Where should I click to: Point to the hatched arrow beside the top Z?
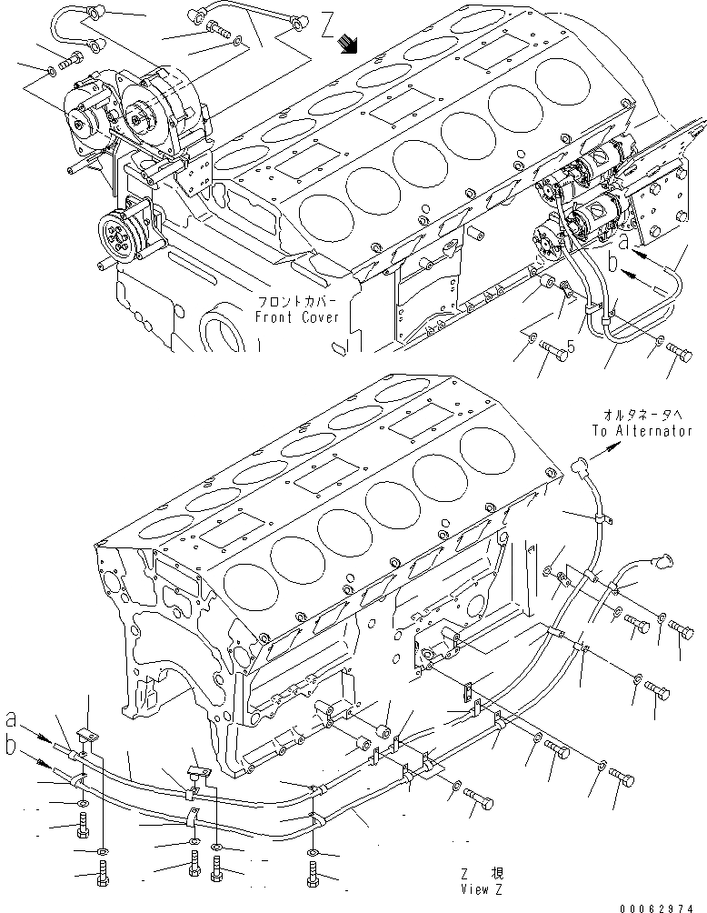tap(346, 43)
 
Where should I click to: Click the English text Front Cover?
tap(296, 317)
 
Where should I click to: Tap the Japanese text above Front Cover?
tap(297, 303)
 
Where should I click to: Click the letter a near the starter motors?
tap(623, 243)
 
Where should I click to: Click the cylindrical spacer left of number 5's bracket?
tap(549, 288)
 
